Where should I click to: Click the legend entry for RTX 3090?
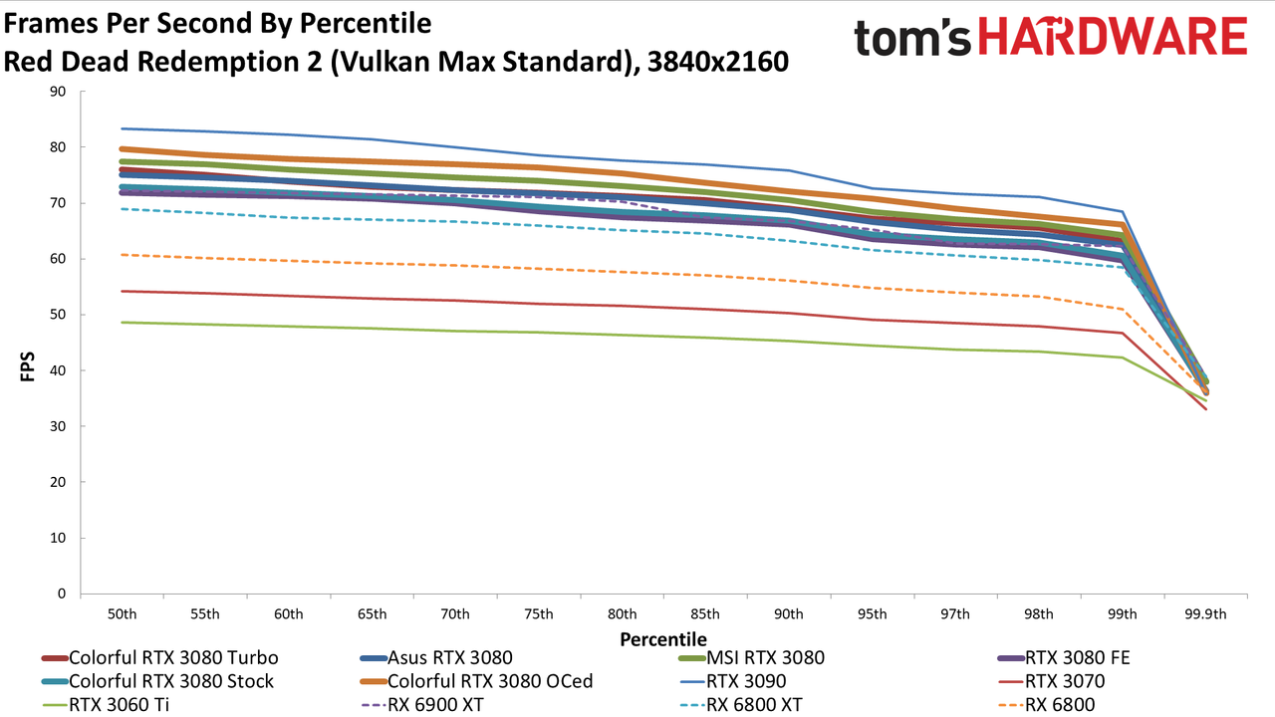(x=733, y=681)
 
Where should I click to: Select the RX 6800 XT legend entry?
(x=741, y=705)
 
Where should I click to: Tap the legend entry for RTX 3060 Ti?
(x=106, y=705)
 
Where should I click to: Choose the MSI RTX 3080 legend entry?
(x=752, y=658)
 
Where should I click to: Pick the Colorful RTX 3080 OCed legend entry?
(x=477, y=681)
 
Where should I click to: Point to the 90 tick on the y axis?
(x=58, y=91)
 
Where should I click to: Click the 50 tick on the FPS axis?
(x=58, y=315)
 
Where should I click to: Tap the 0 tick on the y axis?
(x=62, y=594)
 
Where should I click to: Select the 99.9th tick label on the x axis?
(x=1205, y=614)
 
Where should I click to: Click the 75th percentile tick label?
(x=539, y=614)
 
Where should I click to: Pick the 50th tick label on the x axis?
(x=122, y=614)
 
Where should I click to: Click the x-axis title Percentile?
(x=663, y=639)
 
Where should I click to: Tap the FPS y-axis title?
(x=27, y=366)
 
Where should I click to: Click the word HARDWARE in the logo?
(x=1113, y=36)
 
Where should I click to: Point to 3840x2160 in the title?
(x=718, y=62)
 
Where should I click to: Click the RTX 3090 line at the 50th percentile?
(x=122, y=128)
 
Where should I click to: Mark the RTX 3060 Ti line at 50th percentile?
(x=122, y=323)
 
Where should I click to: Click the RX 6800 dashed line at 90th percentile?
(x=789, y=281)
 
